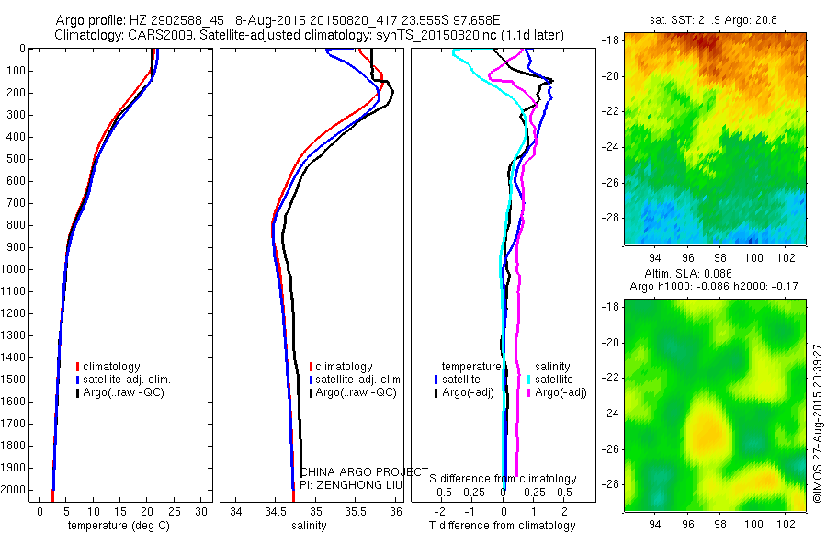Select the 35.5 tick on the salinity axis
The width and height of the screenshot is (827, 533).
point(356,511)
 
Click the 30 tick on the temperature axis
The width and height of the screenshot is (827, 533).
point(202,511)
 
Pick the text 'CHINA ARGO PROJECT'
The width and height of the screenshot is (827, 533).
point(364,471)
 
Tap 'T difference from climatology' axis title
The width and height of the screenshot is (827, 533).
point(504,526)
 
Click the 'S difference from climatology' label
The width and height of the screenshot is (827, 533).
point(504,479)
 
